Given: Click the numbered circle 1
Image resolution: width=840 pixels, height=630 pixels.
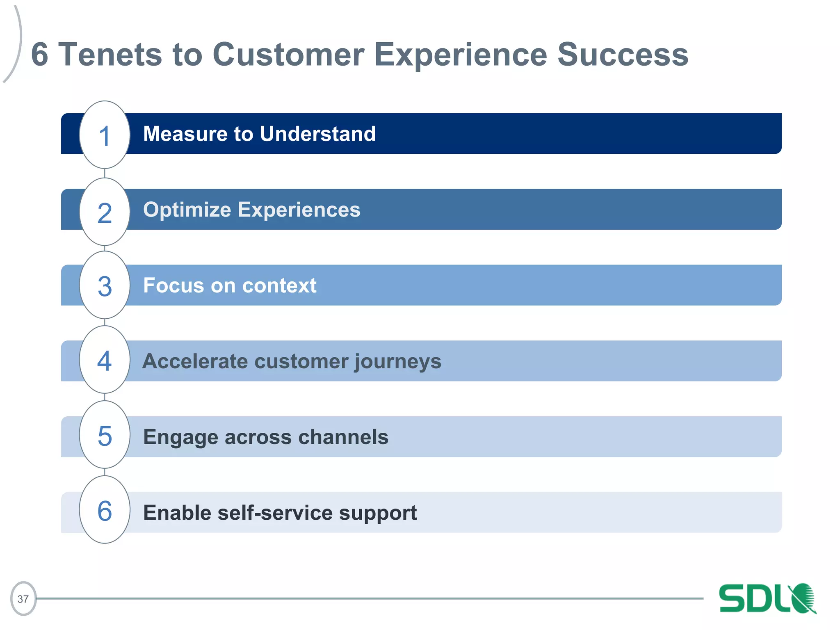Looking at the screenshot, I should click(x=105, y=135).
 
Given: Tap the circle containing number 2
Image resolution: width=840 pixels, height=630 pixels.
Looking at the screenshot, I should click(x=105, y=212).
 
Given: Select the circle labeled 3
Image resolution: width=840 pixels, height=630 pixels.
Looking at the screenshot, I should click(x=105, y=285).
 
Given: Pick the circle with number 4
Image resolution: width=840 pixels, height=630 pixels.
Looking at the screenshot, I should click(x=105, y=360).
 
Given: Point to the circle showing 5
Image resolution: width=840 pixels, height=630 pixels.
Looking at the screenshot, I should click(x=105, y=435).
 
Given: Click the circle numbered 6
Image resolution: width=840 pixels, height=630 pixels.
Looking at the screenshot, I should click(x=105, y=510).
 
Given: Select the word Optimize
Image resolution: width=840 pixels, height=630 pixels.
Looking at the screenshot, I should click(x=187, y=210).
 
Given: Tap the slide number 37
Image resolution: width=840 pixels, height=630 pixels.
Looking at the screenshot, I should click(x=23, y=599).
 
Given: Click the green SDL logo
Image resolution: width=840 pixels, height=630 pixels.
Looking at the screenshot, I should click(x=767, y=599).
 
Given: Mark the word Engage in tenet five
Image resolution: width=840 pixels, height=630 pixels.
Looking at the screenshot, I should click(x=180, y=438).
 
